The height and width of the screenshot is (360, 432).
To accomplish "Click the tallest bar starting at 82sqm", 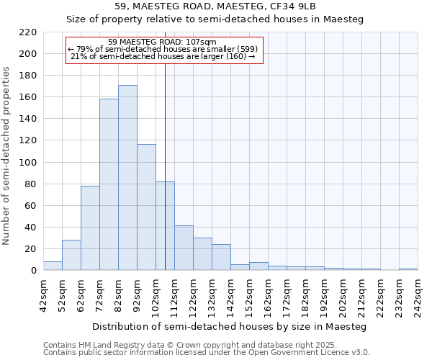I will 127,178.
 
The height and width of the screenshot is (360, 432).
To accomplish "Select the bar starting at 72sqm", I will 109,184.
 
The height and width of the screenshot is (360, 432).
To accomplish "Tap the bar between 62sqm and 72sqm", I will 90,228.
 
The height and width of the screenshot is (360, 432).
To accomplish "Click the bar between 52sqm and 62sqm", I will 71,255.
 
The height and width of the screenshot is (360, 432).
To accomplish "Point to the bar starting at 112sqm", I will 184,248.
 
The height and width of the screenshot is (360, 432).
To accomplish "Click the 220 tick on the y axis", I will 28,32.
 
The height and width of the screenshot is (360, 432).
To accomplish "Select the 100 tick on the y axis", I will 28,163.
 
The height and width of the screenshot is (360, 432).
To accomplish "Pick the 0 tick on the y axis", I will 34,271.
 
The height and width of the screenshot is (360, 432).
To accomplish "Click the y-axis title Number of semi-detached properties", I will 6,156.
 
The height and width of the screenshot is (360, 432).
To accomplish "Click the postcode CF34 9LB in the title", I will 286,6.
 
